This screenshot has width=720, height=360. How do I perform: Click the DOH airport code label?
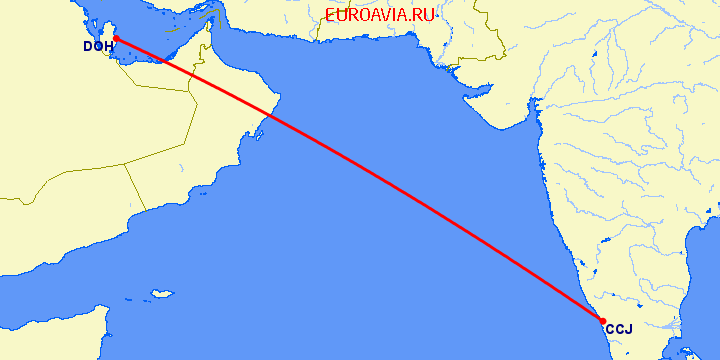pos(97,47)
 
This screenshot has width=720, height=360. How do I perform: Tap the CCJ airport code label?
pos(619,330)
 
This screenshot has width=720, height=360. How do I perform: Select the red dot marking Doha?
pos(116,39)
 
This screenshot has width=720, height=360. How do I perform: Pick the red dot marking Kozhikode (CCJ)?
pos(602,321)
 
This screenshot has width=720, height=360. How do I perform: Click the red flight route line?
pos(360,180)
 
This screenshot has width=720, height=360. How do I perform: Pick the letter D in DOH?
pos(88,47)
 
